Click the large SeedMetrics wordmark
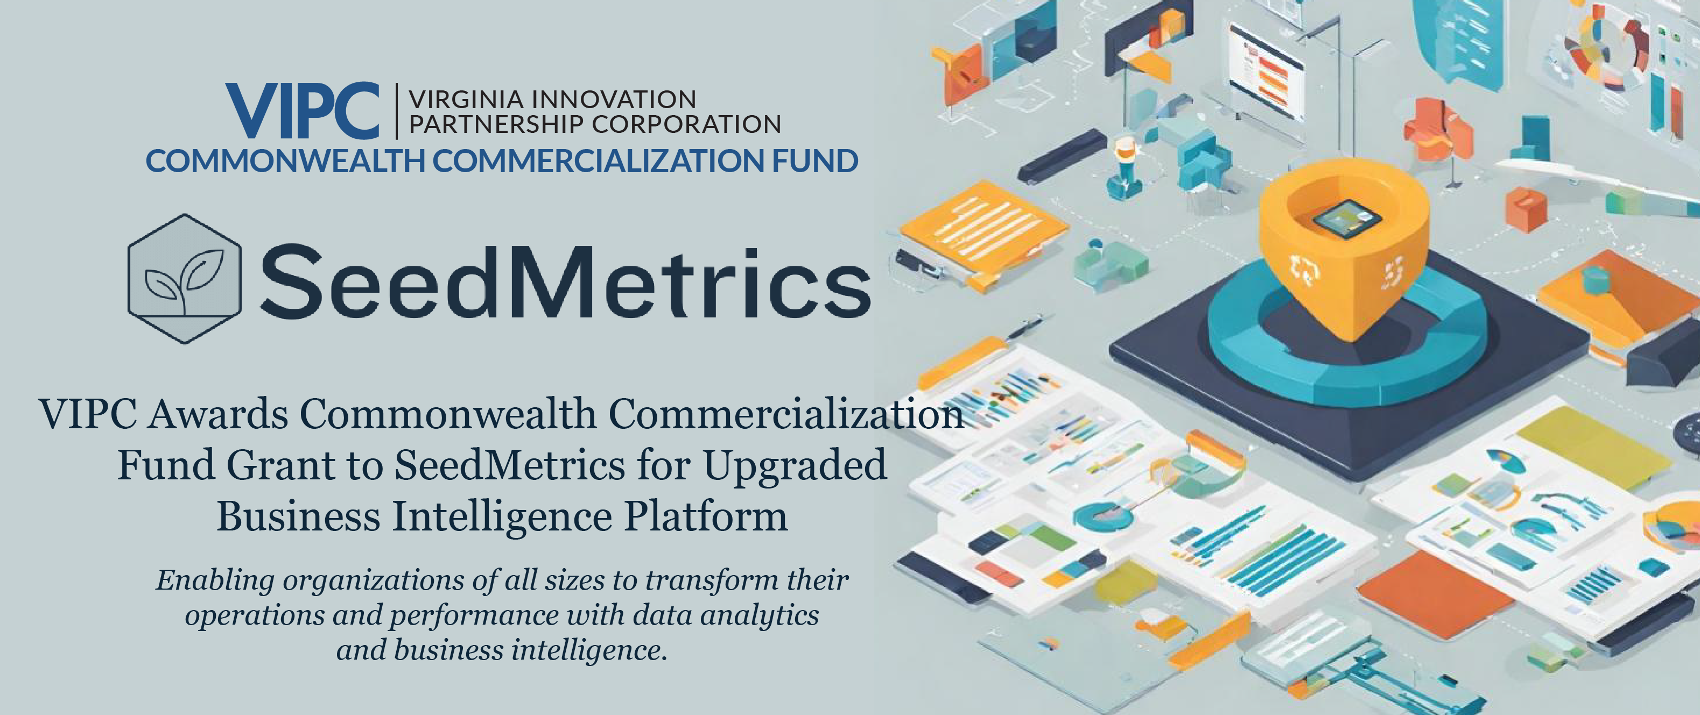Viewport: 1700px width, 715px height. pyautogui.click(x=566, y=280)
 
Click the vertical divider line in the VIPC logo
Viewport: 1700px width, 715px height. pyautogui.click(x=396, y=111)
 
